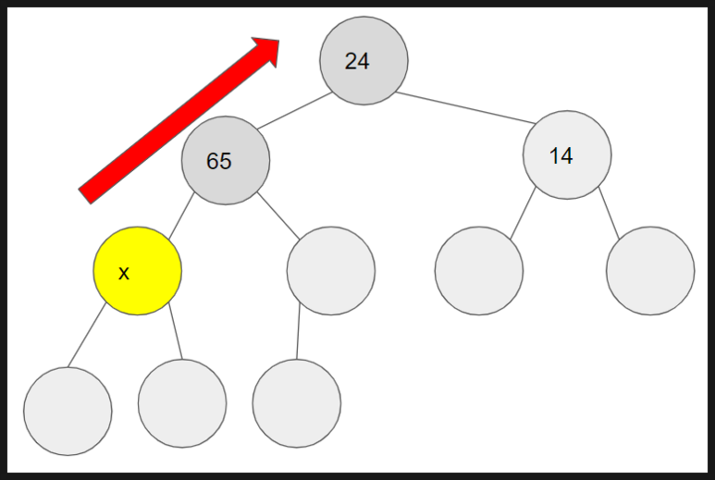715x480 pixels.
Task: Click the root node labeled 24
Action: pyautogui.click(x=364, y=60)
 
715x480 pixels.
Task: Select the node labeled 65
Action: pyautogui.click(x=226, y=160)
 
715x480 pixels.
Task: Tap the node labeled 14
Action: pyautogui.click(x=567, y=154)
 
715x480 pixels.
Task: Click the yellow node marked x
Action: pyautogui.click(x=137, y=271)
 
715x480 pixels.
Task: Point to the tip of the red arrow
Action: pyautogui.click(x=278, y=41)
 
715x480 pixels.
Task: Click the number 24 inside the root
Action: pyautogui.click(x=357, y=61)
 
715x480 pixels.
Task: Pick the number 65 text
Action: pyautogui.click(x=219, y=161)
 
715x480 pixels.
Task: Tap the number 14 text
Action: pyautogui.click(x=561, y=155)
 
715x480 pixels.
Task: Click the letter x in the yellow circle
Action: pyautogui.click(x=124, y=273)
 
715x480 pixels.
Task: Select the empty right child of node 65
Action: pyautogui.click(x=330, y=271)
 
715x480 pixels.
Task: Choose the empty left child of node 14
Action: pyautogui.click(x=479, y=271)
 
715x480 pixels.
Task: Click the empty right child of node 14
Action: pyautogui.click(x=650, y=271)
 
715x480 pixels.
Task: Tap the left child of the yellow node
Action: pyautogui.click(x=68, y=411)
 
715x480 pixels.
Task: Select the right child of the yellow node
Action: pyautogui.click(x=182, y=404)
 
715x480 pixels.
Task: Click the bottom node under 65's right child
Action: pyautogui.click(x=296, y=404)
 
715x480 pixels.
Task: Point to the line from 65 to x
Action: pyautogui.click(x=179, y=214)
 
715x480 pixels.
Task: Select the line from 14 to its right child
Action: pyautogui.click(x=610, y=210)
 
